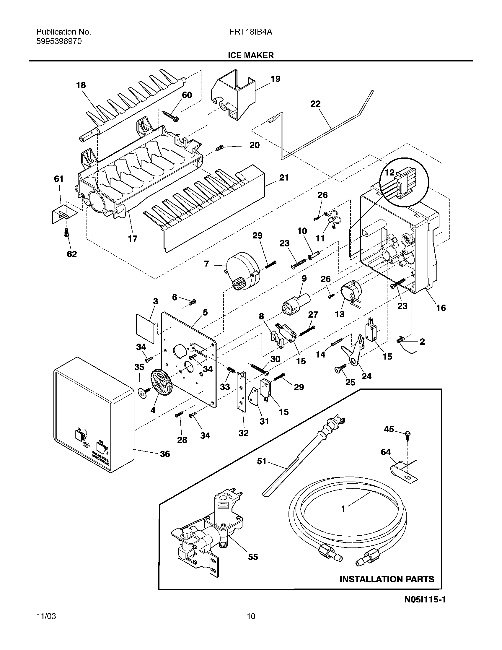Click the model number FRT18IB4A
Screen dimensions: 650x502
tap(251, 32)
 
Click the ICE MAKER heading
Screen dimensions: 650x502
tap(251, 55)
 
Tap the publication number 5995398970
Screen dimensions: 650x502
tap(59, 41)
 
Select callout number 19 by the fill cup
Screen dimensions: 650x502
tap(276, 79)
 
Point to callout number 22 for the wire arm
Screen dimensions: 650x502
tap(316, 104)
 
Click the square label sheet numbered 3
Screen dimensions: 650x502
tap(145, 328)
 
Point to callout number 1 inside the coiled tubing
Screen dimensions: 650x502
tap(343, 509)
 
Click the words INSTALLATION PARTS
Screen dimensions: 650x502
tap(387, 587)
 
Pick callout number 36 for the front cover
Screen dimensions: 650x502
tap(165, 454)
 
